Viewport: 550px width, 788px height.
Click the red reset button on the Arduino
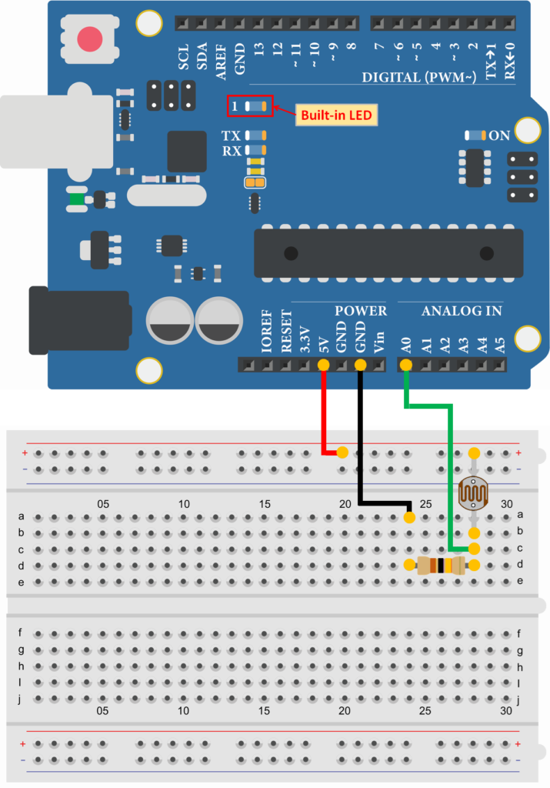point(91,38)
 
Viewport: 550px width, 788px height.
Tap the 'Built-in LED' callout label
point(336,115)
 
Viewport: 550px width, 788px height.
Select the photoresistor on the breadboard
point(474,493)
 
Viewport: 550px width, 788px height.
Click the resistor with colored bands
point(441,566)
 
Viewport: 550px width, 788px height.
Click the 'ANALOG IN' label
point(462,311)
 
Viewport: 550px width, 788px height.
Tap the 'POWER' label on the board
point(361,311)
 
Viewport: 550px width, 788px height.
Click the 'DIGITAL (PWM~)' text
point(420,77)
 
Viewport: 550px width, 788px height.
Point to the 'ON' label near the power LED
point(500,135)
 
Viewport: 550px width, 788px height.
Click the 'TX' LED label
point(231,135)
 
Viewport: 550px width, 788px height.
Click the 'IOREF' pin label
point(266,338)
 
